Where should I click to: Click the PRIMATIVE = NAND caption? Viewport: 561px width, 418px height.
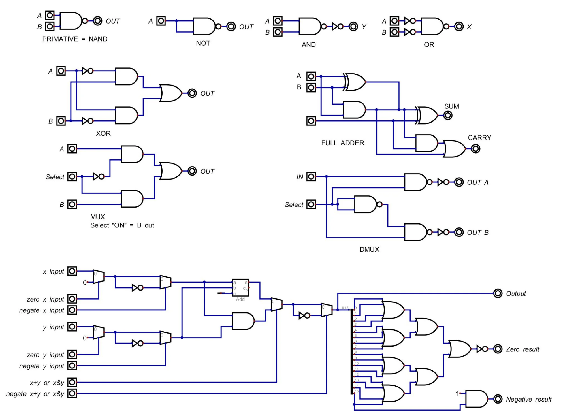[x=75, y=39]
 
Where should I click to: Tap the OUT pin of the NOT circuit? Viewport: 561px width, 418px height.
[x=231, y=27]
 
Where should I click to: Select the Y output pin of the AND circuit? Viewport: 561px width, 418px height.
[x=353, y=27]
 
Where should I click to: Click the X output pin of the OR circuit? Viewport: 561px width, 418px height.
[x=459, y=27]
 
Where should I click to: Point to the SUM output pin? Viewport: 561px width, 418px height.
[x=448, y=116]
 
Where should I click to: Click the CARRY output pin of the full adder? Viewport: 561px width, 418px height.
[x=476, y=149]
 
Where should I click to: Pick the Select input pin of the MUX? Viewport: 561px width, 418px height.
[x=72, y=176]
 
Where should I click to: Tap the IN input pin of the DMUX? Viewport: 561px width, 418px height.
[x=311, y=176]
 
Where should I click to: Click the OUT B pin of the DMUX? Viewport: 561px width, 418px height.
[x=459, y=232]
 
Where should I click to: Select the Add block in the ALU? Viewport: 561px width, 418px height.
[x=240, y=288]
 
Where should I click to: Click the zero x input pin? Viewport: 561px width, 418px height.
[x=72, y=299]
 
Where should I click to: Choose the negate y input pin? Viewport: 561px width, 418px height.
[x=72, y=366]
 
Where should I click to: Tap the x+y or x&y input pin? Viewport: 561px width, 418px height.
[x=72, y=382]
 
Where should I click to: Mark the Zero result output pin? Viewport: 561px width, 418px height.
[x=498, y=349]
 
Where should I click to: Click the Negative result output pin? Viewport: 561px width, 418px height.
[x=498, y=399]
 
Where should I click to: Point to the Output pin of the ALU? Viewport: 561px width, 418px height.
[x=498, y=293]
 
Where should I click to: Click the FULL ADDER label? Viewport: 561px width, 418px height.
[x=342, y=143]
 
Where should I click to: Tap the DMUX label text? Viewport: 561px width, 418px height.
[x=369, y=249]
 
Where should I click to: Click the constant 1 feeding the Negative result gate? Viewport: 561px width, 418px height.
[x=457, y=393]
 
